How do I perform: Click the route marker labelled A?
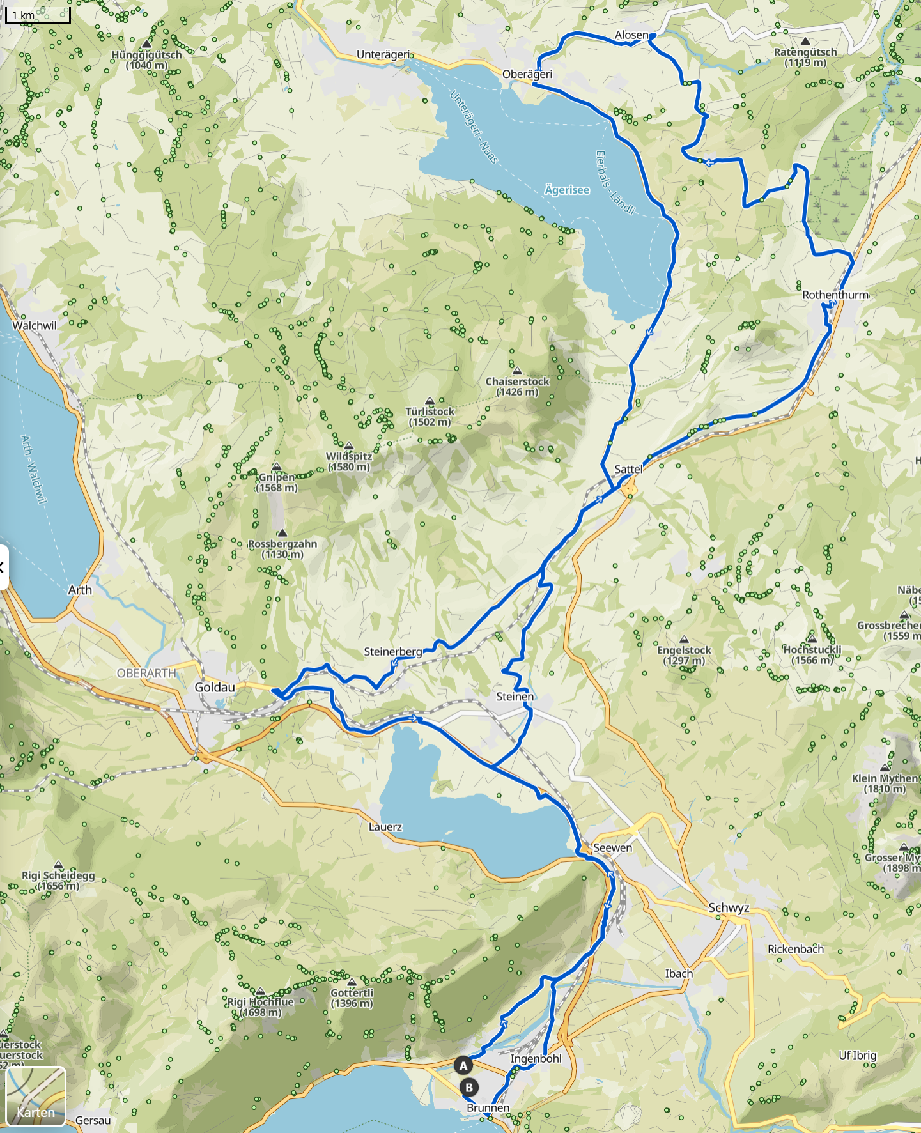pos(463,1065)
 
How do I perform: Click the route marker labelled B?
pos(469,1087)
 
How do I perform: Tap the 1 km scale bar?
pos(37,15)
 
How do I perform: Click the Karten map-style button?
pos(36,1096)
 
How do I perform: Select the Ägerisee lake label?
pos(567,190)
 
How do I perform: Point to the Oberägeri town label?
pos(527,74)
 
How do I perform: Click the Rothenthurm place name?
pos(835,295)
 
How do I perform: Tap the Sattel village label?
pos(628,469)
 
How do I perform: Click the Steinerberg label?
pos(392,652)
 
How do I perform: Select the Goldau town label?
pos(215,688)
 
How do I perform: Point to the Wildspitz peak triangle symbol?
pos(349,445)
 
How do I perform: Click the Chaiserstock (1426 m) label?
pos(517,386)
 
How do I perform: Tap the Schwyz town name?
pos(729,908)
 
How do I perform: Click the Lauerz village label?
pos(385,827)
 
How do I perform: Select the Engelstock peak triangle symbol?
pos(684,639)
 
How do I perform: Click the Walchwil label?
pos(35,325)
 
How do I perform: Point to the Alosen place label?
pos(631,35)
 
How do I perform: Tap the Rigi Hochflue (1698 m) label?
pos(260,1007)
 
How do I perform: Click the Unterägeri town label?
pos(384,55)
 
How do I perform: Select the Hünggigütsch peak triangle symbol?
pos(147,43)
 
